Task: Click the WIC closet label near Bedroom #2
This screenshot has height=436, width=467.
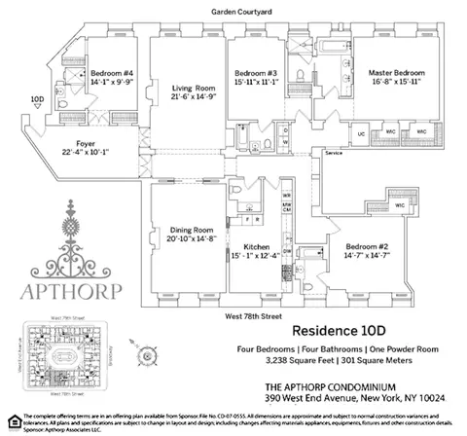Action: click(400, 205)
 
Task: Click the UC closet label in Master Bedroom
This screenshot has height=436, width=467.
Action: click(361, 132)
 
